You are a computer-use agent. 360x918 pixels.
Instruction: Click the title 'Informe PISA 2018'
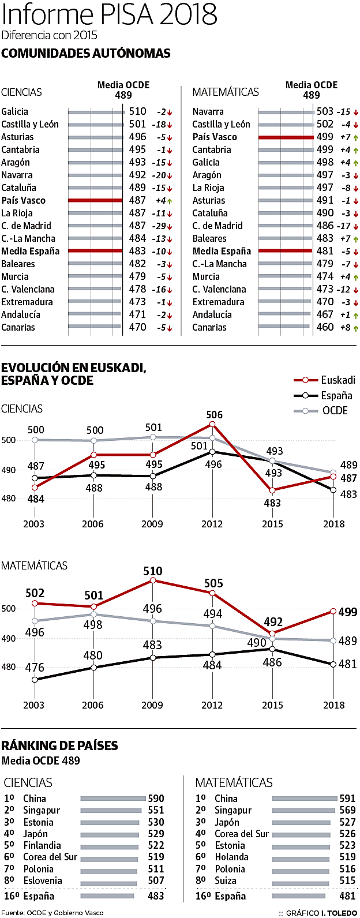coord(110,14)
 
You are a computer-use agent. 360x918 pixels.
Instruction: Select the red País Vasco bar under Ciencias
coord(95,200)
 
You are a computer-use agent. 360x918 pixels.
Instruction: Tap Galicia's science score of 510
coord(137,111)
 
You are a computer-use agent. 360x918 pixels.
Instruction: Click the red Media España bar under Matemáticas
coord(286,251)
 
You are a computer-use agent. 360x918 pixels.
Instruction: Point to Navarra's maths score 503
coord(325,111)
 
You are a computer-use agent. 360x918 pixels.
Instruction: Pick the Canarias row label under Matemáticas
coord(209,327)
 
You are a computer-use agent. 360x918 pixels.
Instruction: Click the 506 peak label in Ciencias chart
coord(214,415)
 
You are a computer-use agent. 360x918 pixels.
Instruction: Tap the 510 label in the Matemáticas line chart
coord(153,571)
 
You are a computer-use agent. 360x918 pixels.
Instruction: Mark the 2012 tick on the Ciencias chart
coord(212,524)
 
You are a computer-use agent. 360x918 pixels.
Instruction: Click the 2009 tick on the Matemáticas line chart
coord(152,705)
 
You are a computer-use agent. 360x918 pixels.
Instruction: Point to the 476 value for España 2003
coord(35,668)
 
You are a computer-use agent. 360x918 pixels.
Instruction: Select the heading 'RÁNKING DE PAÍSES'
coord(59,745)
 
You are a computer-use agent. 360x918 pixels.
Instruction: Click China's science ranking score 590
coord(156,799)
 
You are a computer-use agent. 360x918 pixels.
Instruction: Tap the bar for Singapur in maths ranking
coord(303,811)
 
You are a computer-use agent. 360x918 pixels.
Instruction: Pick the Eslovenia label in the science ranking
coord(42,880)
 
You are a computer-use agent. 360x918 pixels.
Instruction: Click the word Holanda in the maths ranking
coord(231,857)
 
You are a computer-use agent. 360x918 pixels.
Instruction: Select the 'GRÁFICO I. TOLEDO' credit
coord(321,913)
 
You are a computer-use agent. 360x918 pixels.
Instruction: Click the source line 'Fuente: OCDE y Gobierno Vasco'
coord(52,913)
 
